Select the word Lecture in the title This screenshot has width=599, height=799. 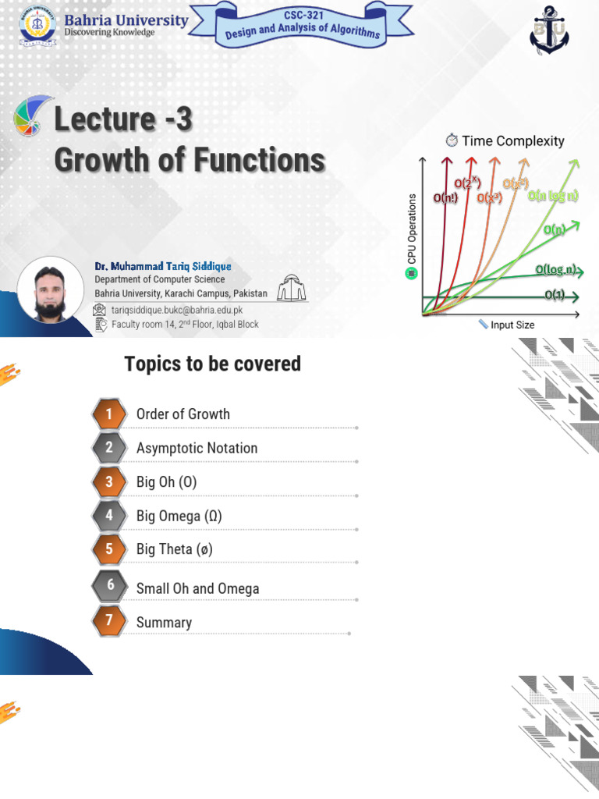(x=105, y=120)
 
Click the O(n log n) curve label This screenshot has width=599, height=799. (x=553, y=196)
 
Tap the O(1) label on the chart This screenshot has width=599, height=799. (x=555, y=295)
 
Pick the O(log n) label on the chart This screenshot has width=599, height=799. (x=555, y=270)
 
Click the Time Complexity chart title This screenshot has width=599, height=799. (x=513, y=141)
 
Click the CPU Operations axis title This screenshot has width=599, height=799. (x=413, y=229)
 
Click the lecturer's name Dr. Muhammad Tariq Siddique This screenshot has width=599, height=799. (x=163, y=266)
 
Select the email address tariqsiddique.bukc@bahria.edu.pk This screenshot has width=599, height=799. (x=177, y=310)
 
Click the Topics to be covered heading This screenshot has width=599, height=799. (x=212, y=364)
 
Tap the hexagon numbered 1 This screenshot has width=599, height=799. (x=110, y=414)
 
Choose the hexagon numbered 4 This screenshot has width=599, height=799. (x=110, y=516)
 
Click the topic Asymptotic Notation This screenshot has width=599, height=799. (x=197, y=448)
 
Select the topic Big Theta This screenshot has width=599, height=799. (x=175, y=549)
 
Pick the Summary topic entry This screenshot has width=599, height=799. (x=164, y=623)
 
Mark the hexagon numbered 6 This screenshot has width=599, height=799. (x=110, y=585)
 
